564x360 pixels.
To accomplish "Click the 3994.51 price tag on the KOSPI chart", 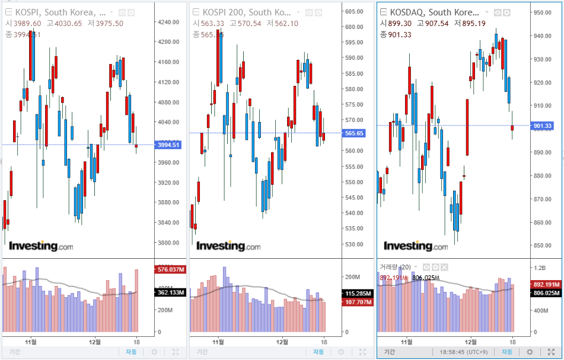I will [168, 144].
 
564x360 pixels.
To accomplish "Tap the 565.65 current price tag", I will [354, 133].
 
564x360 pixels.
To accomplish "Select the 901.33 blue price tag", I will [543, 126].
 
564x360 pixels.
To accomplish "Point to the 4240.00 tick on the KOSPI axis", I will [168, 22].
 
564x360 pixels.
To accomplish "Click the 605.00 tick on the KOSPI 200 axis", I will [354, 11].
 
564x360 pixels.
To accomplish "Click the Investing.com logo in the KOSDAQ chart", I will [415, 246].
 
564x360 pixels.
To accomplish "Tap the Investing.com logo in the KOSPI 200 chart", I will [228, 246].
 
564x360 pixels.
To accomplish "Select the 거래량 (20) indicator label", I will [395, 267].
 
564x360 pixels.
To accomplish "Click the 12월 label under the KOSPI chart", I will [94, 342].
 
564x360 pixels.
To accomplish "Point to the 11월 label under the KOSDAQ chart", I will [406, 342].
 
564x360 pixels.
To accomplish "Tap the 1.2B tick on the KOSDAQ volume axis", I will [540, 267].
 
